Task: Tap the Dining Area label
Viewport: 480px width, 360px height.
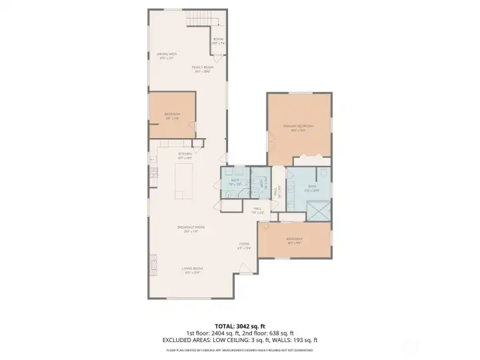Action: coord(166,56)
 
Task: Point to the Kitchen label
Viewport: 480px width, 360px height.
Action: coord(185,156)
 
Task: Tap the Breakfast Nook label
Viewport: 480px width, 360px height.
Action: coord(191,229)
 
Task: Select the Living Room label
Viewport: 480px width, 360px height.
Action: coord(191,270)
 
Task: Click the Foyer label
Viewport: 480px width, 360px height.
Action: coord(244,246)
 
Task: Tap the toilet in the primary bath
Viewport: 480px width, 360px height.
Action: coord(323,175)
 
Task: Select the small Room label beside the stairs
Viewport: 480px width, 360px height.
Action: coord(219,41)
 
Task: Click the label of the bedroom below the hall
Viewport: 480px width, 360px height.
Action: coord(294,240)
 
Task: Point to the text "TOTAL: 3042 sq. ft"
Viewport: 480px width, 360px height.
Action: coord(239,326)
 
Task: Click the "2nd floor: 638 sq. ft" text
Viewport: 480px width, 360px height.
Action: coord(270,333)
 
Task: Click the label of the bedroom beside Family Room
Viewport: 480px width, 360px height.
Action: coord(172,116)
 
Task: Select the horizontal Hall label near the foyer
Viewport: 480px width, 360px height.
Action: coord(257,211)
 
